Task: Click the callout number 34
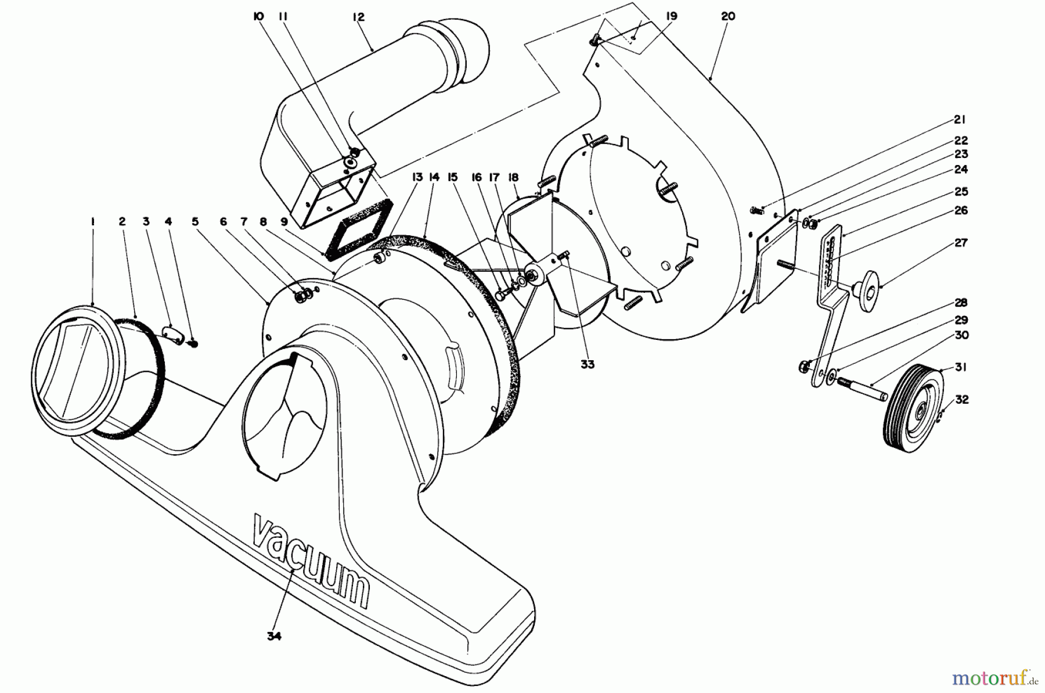pos(274,636)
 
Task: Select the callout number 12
pos(358,17)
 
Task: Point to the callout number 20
pos(727,16)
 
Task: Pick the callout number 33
pos(588,364)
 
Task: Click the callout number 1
pos(92,221)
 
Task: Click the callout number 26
pos(961,210)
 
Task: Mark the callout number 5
pos(196,221)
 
